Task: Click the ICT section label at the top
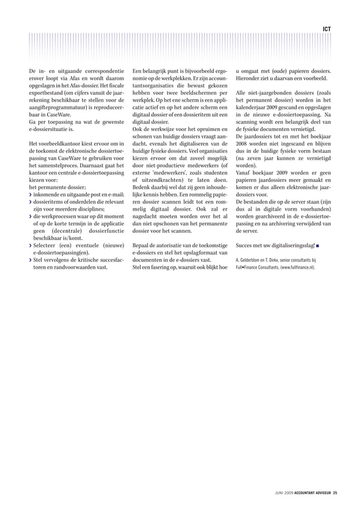coord(327,28)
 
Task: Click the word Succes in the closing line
coord(244,246)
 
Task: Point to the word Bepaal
coord(142,246)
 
